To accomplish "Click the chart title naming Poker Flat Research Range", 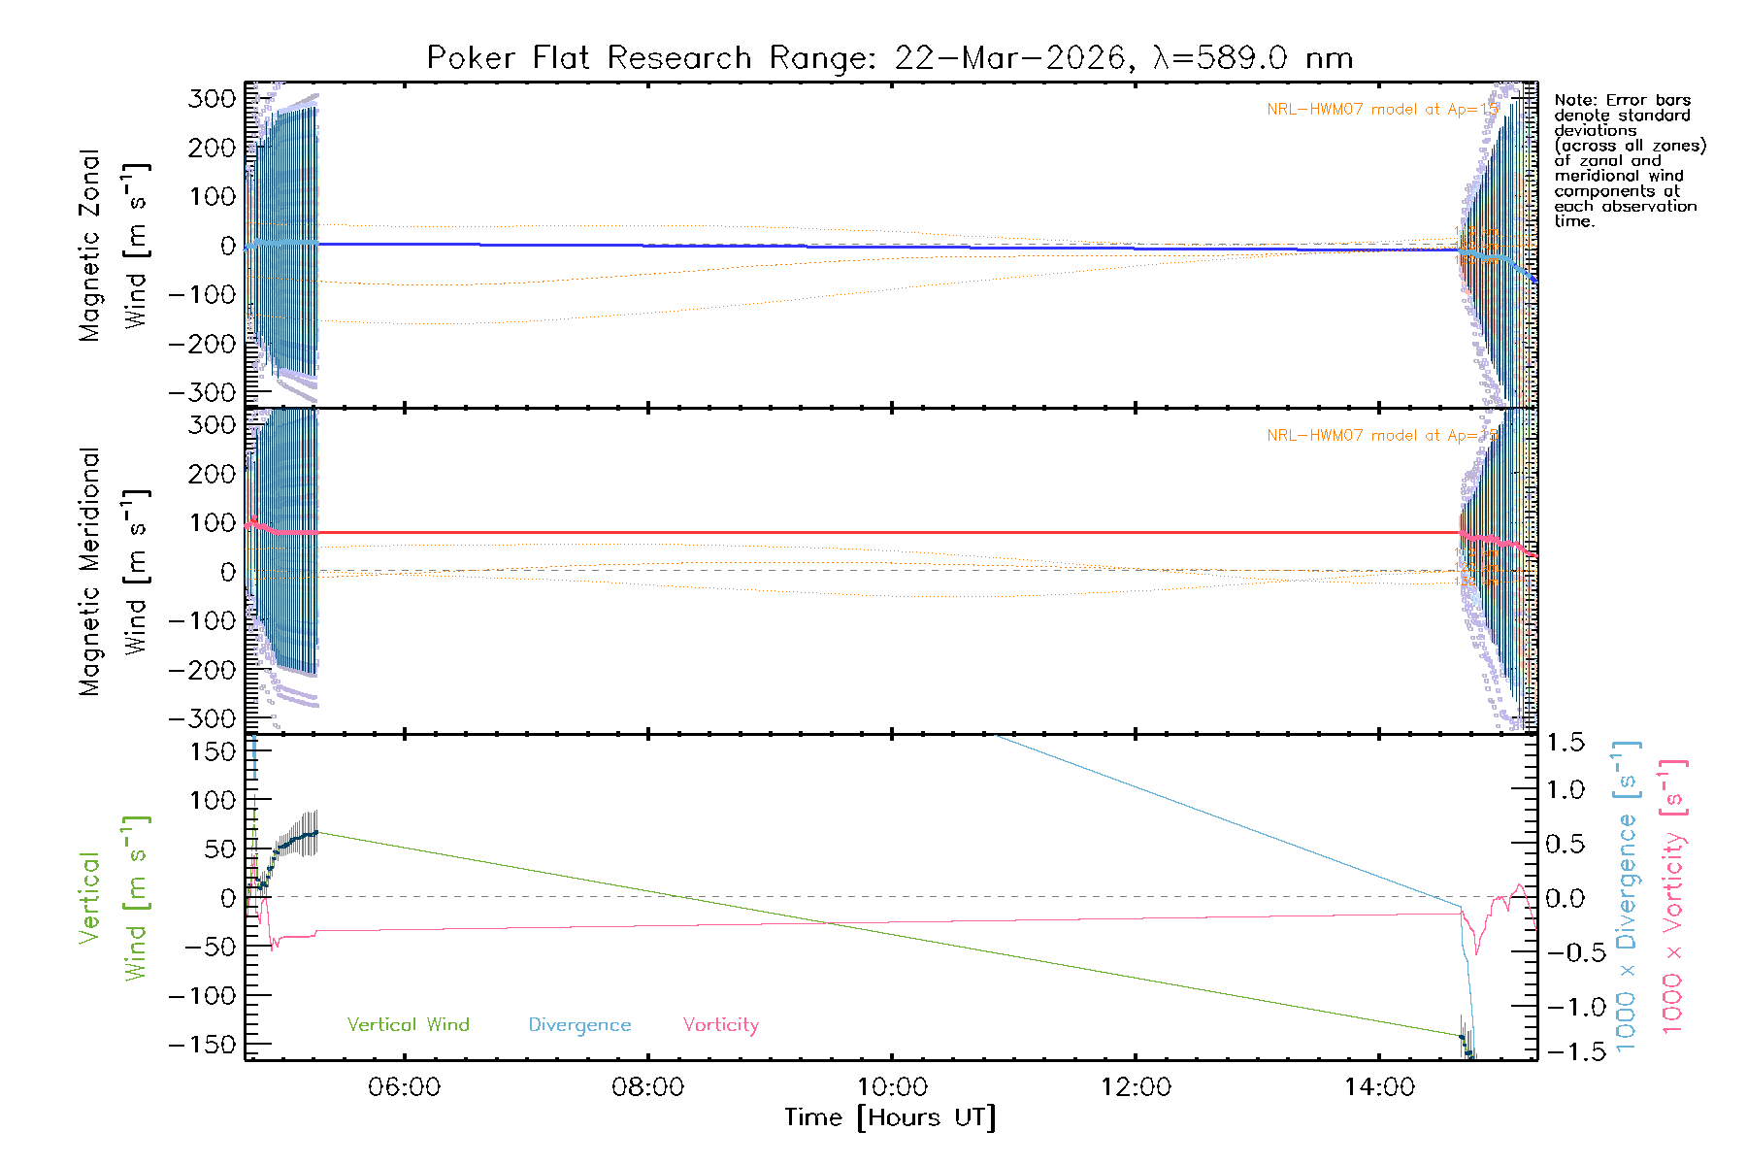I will pyautogui.click(x=889, y=58).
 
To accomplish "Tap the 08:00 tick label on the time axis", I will pyautogui.click(x=647, y=1087).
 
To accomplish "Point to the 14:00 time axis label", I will pyautogui.click(x=1379, y=1087).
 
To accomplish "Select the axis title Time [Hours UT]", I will pyautogui.click(x=890, y=1117).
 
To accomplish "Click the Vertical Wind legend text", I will pyautogui.click(x=408, y=1025).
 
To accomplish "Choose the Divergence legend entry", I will pyautogui.click(x=579, y=1025).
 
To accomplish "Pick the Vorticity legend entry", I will pyautogui.click(x=720, y=1025).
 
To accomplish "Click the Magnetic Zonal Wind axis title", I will pyautogui.click(x=113, y=246).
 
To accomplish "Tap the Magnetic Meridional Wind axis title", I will pyautogui.click(x=113, y=572).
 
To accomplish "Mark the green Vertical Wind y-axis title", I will pyautogui.click(x=113, y=898).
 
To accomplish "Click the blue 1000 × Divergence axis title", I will pyautogui.click(x=1627, y=896).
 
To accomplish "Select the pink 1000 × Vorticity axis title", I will pyautogui.click(x=1672, y=896).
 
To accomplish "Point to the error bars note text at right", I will pyautogui.click(x=1628, y=160).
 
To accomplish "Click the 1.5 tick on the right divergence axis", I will pyautogui.click(x=1565, y=743).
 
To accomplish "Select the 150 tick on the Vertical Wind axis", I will pyautogui.click(x=213, y=751).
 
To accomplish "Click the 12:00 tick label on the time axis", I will pyautogui.click(x=1136, y=1087).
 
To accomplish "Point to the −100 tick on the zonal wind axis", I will pyautogui.click(x=202, y=294).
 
